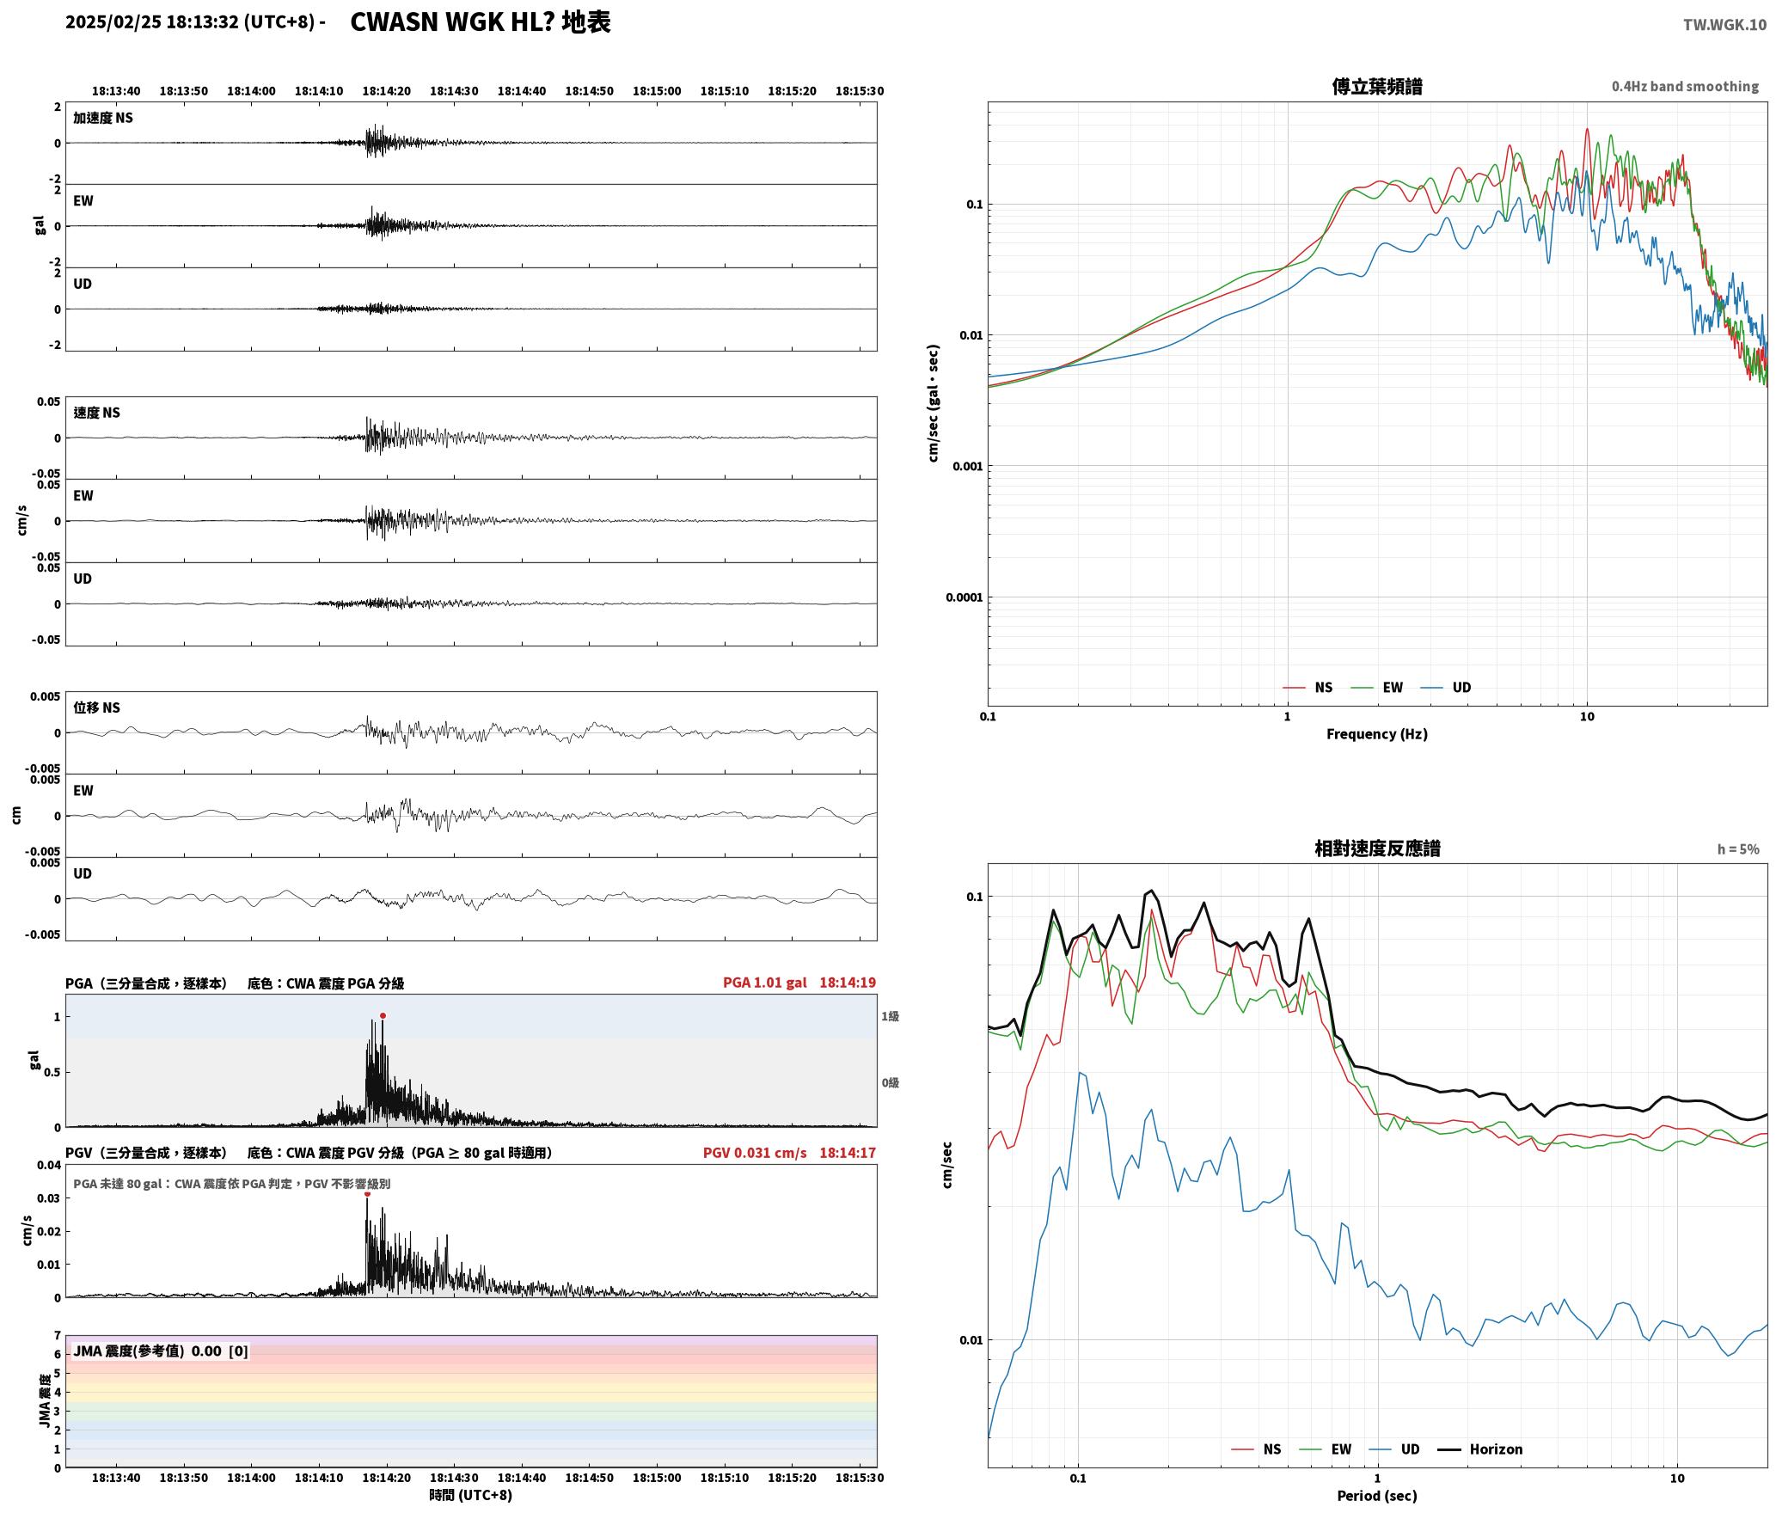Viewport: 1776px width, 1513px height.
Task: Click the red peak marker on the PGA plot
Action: click(383, 1015)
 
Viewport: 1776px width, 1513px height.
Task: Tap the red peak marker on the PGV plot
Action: click(367, 1193)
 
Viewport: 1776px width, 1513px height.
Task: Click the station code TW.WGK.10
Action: click(1724, 25)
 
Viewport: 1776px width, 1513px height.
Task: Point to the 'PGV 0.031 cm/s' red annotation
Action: click(755, 1153)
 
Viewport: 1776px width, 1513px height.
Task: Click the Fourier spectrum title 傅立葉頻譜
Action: click(1376, 87)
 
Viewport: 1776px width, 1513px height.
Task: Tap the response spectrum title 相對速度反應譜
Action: click(1377, 848)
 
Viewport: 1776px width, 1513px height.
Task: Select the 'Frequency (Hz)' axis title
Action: click(1376, 734)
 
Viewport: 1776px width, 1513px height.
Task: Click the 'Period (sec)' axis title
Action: click(1376, 1496)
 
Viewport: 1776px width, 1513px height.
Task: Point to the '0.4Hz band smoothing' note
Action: click(1685, 87)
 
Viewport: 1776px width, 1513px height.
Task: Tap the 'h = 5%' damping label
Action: click(1738, 849)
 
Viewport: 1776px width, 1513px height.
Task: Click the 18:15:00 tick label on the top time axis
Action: click(657, 91)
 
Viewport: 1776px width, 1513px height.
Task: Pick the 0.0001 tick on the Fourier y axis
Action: click(964, 597)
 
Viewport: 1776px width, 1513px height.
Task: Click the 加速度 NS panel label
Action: click(103, 118)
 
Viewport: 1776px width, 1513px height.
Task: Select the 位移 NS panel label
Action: click(96, 707)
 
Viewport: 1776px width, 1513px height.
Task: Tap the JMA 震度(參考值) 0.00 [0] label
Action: click(161, 1351)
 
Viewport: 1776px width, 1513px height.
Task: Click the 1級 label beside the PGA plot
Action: click(890, 1016)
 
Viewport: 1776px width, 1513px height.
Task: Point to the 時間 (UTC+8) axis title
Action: click(471, 1495)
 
